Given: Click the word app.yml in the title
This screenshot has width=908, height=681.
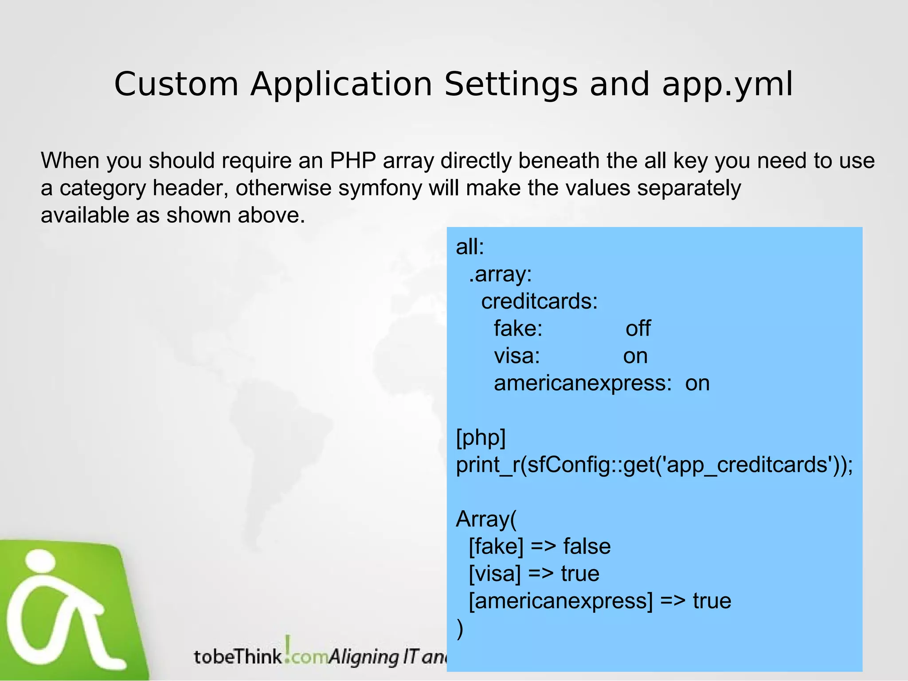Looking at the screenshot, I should pyautogui.click(x=727, y=85).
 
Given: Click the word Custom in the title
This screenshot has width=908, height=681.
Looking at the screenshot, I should pyautogui.click(x=176, y=84).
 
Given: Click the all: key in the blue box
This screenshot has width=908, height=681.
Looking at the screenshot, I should pyautogui.click(x=470, y=247).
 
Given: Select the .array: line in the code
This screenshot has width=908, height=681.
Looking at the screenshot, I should pyautogui.click(x=500, y=274).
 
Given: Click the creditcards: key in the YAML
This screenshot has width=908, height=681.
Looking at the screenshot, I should pyautogui.click(x=540, y=301).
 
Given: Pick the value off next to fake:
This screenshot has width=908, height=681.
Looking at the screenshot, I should pyautogui.click(x=638, y=329).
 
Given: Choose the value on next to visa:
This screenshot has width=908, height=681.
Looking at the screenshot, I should pyautogui.click(x=635, y=356).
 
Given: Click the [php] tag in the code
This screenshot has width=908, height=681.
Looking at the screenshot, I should pyautogui.click(x=481, y=438).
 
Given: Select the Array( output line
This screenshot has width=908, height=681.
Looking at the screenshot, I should pyautogui.click(x=486, y=520).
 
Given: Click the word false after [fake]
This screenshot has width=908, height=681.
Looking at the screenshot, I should pyautogui.click(x=587, y=547).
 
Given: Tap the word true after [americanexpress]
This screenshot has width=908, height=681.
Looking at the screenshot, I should pyautogui.click(x=712, y=601).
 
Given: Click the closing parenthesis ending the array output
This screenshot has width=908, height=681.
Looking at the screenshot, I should pyautogui.click(x=460, y=629).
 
